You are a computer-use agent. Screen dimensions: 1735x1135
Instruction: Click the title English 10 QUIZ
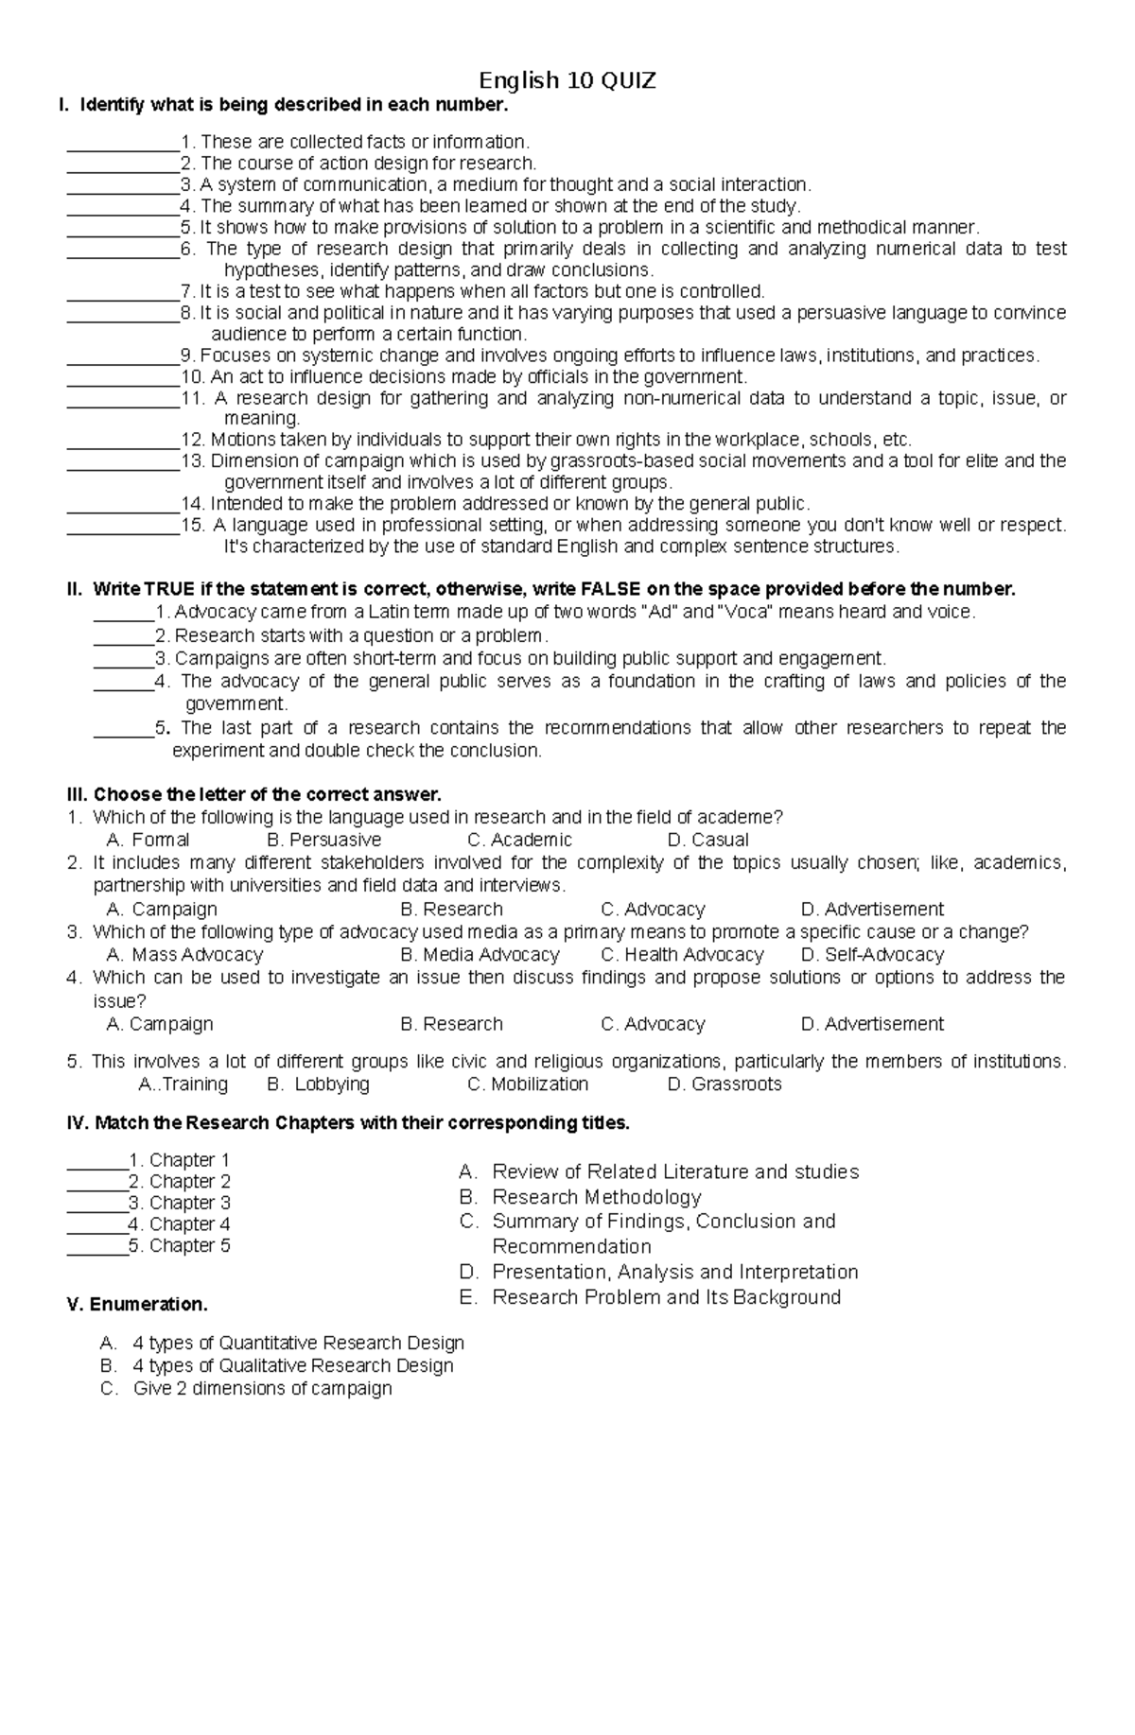(567, 80)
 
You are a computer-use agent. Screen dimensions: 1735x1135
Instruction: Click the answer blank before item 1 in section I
(123, 144)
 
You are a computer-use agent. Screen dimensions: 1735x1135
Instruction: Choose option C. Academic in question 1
(519, 840)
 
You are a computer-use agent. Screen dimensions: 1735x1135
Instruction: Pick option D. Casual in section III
(707, 840)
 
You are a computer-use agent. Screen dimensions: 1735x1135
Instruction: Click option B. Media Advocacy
(480, 954)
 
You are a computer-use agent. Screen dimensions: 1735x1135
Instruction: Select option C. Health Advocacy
(682, 954)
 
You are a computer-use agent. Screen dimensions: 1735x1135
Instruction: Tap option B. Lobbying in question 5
(319, 1084)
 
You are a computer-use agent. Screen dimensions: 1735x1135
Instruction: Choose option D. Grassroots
(725, 1084)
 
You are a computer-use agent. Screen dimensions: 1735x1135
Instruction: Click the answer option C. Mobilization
(528, 1084)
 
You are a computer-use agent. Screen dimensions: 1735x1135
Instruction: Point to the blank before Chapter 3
(96, 1204)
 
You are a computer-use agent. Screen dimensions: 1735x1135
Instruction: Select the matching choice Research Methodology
(596, 1197)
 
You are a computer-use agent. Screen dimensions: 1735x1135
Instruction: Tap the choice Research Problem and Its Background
(666, 1297)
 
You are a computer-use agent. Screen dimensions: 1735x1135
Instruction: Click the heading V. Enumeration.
(137, 1305)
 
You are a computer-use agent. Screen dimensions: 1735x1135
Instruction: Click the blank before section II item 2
(123, 636)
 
